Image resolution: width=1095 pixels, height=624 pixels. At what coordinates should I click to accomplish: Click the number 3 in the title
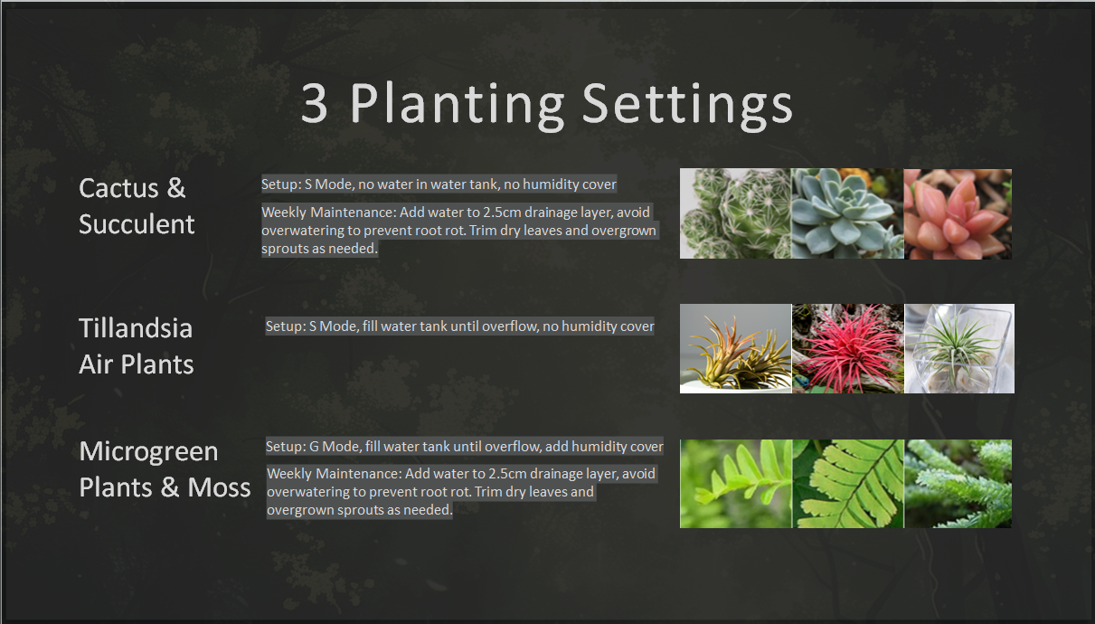(x=314, y=103)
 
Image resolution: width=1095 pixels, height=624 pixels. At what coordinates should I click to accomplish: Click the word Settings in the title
(x=687, y=105)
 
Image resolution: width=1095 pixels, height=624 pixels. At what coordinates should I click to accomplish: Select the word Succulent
(x=137, y=224)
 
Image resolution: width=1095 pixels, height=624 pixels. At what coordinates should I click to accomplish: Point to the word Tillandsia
(x=136, y=328)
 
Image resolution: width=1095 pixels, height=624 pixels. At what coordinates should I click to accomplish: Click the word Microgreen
(x=148, y=452)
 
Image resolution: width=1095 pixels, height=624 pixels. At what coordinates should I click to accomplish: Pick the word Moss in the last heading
(x=219, y=487)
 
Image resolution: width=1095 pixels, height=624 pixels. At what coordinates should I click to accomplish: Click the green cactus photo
(x=735, y=213)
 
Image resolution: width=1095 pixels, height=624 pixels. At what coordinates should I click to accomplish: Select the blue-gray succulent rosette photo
(x=847, y=213)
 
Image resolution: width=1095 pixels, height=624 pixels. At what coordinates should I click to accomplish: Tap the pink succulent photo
(x=958, y=213)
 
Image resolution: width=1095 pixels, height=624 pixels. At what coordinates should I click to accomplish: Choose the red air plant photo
(x=847, y=348)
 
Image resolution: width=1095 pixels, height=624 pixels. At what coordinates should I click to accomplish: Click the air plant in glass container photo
(x=959, y=348)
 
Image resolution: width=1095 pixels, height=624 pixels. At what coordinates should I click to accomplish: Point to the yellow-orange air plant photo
(x=735, y=348)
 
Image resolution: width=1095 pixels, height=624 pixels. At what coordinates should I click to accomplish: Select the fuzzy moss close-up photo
(x=958, y=484)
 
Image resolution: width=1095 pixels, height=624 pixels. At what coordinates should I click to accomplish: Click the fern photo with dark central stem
(x=847, y=484)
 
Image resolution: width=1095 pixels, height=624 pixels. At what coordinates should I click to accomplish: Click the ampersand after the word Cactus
(x=176, y=188)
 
